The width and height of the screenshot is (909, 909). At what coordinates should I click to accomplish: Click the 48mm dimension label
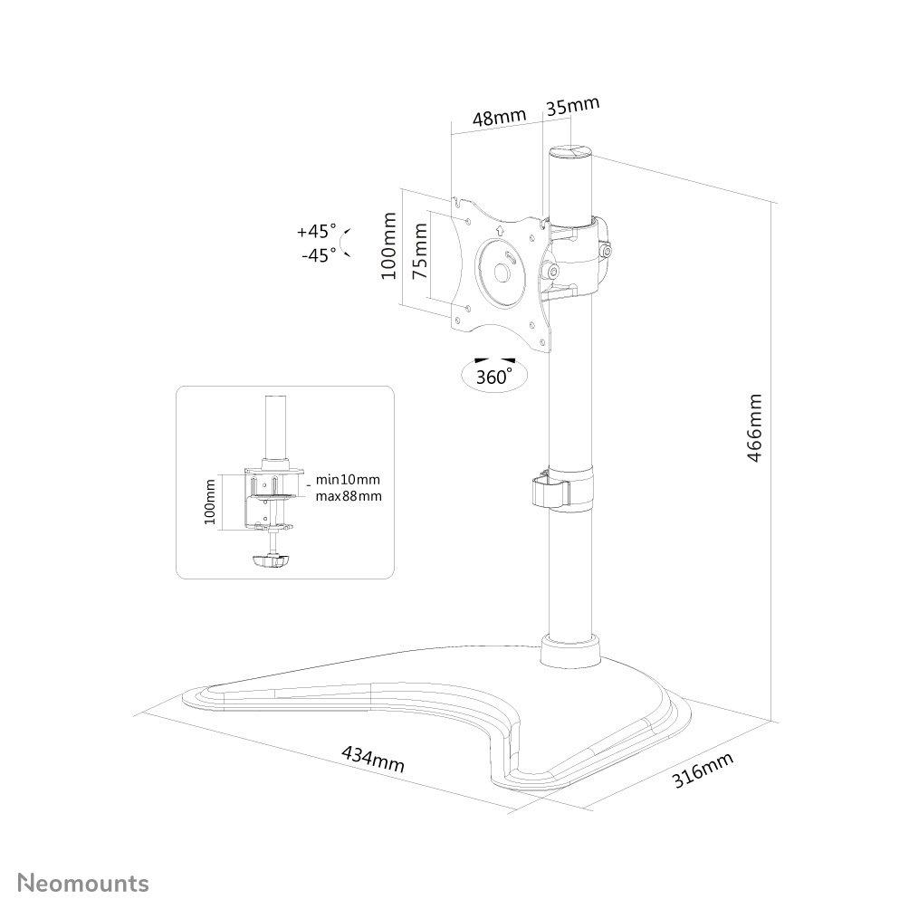(x=499, y=118)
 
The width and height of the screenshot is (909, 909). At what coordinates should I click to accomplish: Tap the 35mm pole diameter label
(x=572, y=106)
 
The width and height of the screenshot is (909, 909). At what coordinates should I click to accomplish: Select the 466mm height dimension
(x=754, y=428)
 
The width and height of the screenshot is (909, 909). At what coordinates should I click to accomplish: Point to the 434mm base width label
(x=373, y=759)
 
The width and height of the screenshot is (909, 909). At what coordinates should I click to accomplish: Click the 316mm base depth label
(x=703, y=770)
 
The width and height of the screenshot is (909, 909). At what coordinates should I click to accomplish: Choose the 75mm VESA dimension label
(x=420, y=251)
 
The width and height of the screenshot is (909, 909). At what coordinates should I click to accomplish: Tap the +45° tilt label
(x=317, y=231)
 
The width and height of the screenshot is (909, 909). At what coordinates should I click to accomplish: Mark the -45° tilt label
(x=319, y=254)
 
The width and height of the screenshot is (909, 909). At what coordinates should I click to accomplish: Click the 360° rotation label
(x=494, y=377)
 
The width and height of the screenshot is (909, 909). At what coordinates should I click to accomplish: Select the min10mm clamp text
(x=348, y=480)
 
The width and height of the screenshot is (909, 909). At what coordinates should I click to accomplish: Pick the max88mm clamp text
(x=349, y=496)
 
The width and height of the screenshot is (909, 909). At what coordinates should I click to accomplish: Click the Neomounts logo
(x=83, y=883)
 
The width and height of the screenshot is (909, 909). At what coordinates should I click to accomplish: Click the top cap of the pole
(x=571, y=153)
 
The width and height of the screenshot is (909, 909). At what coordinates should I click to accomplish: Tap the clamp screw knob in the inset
(x=270, y=560)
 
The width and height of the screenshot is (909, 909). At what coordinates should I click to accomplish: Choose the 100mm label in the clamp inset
(x=210, y=502)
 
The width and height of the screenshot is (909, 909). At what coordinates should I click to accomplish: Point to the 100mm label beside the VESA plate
(x=389, y=245)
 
